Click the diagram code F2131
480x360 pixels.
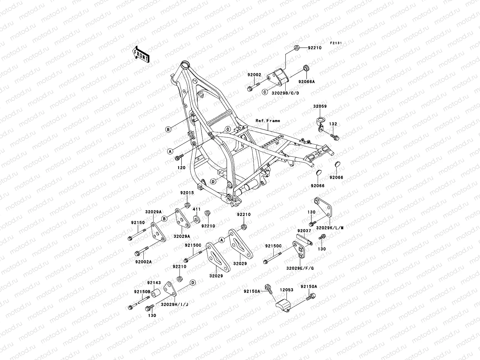coord(336,43)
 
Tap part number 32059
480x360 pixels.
coord(320,106)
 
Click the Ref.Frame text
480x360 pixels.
coord(268,121)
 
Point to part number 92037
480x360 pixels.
coord(304,231)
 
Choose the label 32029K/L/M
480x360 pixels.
coord(329,228)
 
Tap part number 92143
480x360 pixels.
coord(154,283)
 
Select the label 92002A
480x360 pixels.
coord(143,262)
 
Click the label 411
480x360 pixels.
coord(196,209)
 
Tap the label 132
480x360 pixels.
coord(333,124)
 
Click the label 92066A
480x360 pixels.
coord(306,82)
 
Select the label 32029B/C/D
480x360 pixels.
coord(285,93)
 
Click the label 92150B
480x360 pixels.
coord(140,292)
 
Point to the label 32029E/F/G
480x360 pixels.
coord(300,268)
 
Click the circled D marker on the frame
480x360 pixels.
coord(213,181)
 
